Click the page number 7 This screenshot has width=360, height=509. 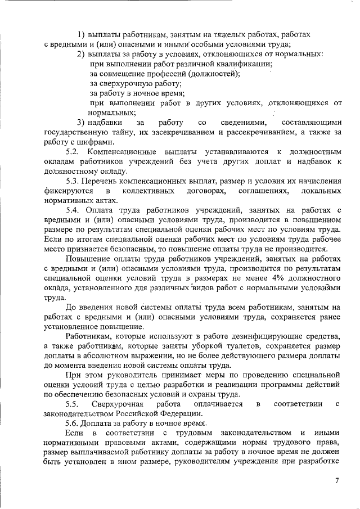[337, 480]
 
